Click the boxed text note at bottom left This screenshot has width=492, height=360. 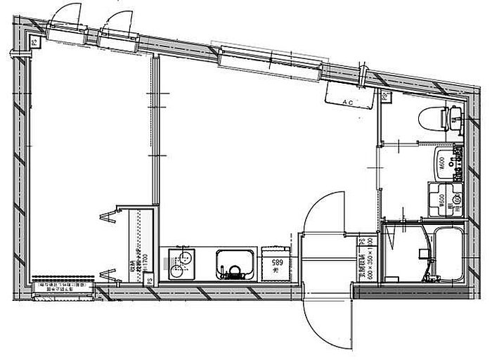click(x=63, y=286)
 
